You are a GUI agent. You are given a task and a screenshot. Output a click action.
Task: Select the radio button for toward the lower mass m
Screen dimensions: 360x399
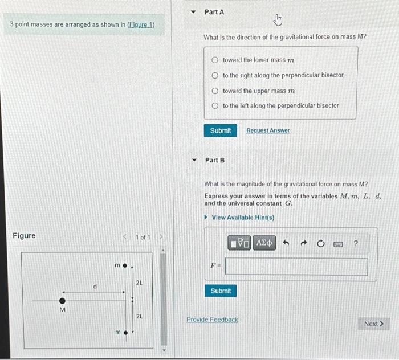coord(215,60)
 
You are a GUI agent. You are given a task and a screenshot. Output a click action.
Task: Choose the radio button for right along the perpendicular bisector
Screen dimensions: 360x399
coord(215,75)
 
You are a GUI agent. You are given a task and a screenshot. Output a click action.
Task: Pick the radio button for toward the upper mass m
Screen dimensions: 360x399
coord(215,91)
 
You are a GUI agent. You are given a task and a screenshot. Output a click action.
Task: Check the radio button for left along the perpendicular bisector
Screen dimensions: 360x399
coord(215,105)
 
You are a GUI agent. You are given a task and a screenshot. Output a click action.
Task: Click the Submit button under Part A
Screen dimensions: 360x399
coord(220,130)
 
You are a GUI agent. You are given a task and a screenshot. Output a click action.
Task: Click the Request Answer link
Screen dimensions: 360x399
coord(268,130)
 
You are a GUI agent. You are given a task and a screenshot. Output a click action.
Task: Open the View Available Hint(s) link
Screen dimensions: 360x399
coord(242,218)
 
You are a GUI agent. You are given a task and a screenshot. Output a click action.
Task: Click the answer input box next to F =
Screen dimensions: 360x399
coord(296,267)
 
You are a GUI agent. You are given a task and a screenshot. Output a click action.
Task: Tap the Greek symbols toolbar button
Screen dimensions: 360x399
coord(264,244)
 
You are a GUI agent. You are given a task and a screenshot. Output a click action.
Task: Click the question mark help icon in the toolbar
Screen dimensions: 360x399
coord(356,244)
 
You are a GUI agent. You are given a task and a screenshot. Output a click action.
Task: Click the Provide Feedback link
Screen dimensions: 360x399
coord(213,320)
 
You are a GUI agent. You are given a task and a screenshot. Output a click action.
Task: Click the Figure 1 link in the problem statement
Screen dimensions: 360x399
coord(141,25)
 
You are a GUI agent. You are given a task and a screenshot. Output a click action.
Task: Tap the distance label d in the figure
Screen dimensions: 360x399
coord(95,287)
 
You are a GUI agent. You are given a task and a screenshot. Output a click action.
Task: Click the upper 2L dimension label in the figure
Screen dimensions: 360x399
coord(139,283)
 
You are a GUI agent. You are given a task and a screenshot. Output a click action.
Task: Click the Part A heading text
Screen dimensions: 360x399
coord(214,12)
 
